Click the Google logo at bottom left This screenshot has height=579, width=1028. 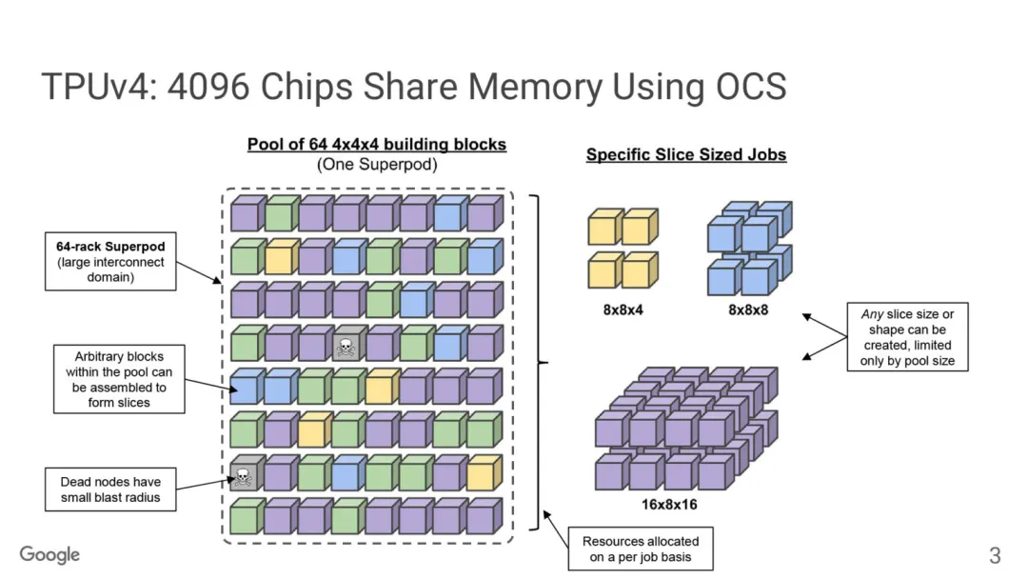coord(49,554)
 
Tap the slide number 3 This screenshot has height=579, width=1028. coord(995,555)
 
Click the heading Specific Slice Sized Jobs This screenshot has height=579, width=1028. coord(685,154)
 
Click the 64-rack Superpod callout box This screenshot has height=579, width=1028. coord(110,262)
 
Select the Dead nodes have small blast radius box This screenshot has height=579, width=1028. coord(110,489)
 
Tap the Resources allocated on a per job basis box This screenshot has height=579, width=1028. coord(640,549)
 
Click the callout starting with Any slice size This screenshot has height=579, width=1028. coord(907,337)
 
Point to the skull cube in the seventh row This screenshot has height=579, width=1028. coord(244,474)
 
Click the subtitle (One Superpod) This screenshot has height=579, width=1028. coord(376,164)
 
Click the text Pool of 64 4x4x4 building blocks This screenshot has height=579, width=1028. coord(376,145)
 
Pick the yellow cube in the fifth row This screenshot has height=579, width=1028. coord(381,388)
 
